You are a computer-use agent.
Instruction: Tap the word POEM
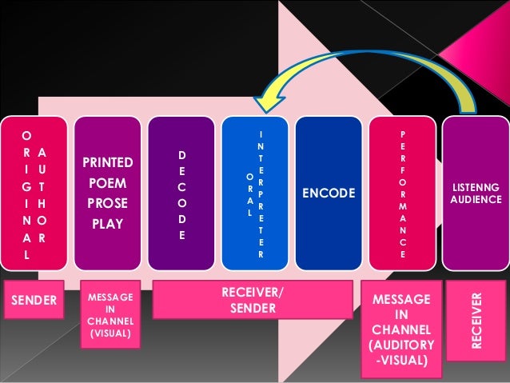click(108, 183)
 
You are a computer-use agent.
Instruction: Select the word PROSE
click(108, 203)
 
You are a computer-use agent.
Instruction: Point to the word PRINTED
click(108, 163)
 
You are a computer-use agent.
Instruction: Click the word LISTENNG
click(476, 186)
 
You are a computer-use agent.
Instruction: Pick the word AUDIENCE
click(476, 199)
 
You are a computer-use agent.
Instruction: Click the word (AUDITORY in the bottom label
click(402, 345)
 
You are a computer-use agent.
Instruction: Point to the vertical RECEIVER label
click(476, 320)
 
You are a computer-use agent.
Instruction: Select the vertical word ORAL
click(250, 194)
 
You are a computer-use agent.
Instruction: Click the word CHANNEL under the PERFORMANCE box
click(402, 330)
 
